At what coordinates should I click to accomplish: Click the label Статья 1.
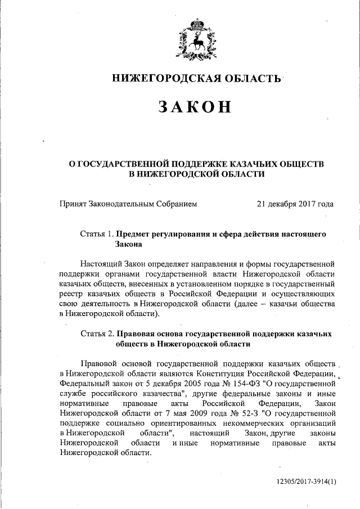(97, 233)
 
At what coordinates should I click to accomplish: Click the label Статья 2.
(97, 332)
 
